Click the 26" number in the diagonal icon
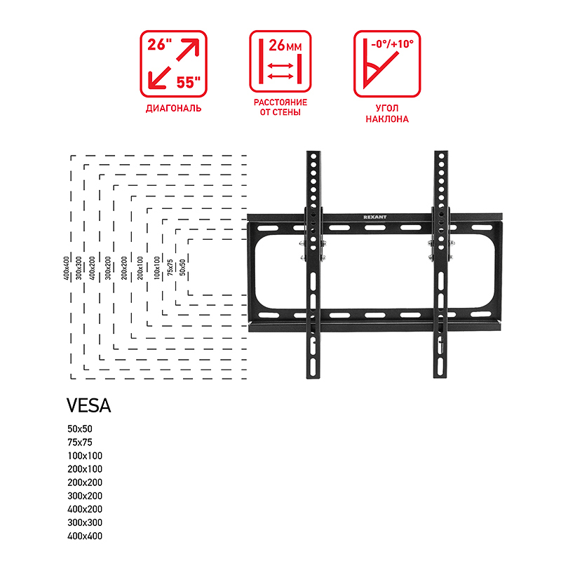pyautogui.click(x=160, y=44)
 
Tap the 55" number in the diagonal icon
pyautogui.click(x=189, y=82)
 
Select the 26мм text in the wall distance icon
pyautogui.click(x=285, y=46)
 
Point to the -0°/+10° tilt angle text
pyautogui.click(x=393, y=44)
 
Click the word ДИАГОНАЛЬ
pyautogui.click(x=173, y=109)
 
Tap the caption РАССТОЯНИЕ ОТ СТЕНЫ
pyautogui.click(x=280, y=107)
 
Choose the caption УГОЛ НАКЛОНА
pyautogui.click(x=387, y=114)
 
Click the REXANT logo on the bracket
pyautogui.click(x=375, y=217)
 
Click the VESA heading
pyautogui.click(x=89, y=405)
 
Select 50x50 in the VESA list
pyautogui.click(x=80, y=428)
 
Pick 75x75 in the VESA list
pyautogui.click(x=80, y=442)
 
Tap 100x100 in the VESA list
pyautogui.click(x=85, y=455)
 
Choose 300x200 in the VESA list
pyautogui.click(x=85, y=496)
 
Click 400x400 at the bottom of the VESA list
pyautogui.click(x=85, y=536)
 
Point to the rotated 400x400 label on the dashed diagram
pyautogui.click(x=66, y=268)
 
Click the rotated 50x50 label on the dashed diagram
pyautogui.click(x=182, y=267)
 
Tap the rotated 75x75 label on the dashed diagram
pyautogui.click(x=170, y=267)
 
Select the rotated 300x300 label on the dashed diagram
pyautogui.click(x=79, y=268)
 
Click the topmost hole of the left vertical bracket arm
pyautogui.click(x=313, y=156)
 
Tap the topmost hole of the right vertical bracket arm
pyautogui.click(x=441, y=156)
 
